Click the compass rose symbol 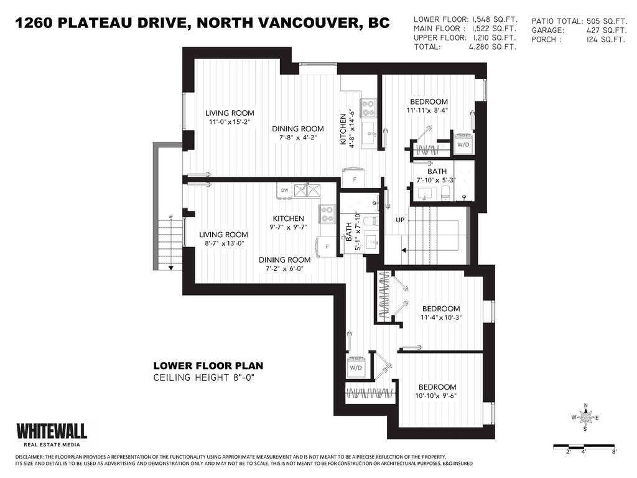pyautogui.click(x=585, y=418)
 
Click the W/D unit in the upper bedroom pyautogui.click(x=463, y=142)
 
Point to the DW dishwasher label pyautogui.click(x=284, y=190)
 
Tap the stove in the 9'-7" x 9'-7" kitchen pyautogui.click(x=327, y=214)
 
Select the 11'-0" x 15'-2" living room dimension pyautogui.click(x=230, y=122)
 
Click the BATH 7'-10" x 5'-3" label pyautogui.click(x=437, y=176)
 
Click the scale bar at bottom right pyautogui.click(x=584, y=446)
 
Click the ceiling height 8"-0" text pyautogui.click(x=204, y=378)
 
